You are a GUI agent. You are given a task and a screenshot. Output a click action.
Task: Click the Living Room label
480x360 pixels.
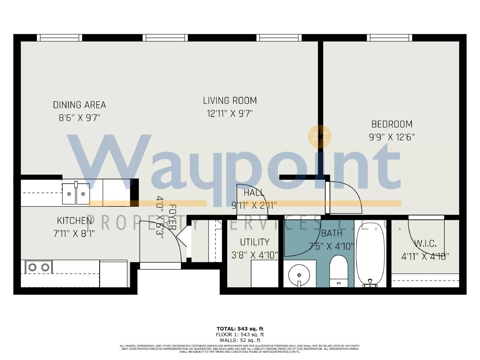tap(230, 100)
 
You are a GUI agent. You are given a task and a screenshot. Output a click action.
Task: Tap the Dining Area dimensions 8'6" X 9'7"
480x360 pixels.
tap(79, 118)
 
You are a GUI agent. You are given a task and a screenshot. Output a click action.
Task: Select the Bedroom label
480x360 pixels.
tap(392, 124)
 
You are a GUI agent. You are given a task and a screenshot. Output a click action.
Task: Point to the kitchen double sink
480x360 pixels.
tap(76, 194)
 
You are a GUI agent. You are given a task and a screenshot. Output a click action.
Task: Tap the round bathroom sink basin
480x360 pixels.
tap(299, 274)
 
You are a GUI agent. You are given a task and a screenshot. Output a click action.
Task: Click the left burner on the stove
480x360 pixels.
tap(32, 267)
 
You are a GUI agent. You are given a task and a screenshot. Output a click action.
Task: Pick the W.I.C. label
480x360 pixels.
tap(425, 244)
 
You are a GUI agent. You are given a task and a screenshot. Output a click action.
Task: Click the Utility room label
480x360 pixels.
tap(254, 242)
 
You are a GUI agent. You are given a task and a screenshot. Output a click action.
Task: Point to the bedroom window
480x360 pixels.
tap(389, 38)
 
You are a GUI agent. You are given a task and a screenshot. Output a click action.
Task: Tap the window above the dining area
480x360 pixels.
tap(59, 38)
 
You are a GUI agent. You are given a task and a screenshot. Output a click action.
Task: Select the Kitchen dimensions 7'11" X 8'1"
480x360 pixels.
tap(74, 233)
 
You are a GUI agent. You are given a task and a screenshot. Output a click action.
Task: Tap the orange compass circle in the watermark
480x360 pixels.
tap(320, 137)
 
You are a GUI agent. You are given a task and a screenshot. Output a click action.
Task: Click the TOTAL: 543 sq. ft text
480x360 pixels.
tap(240, 329)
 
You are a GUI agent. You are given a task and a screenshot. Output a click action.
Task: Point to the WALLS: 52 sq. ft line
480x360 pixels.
tap(240, 340)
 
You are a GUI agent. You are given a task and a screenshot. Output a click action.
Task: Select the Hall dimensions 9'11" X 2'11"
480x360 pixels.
tap(254, 205)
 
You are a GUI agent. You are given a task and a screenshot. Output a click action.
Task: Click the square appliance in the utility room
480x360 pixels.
tap(265, 274)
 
